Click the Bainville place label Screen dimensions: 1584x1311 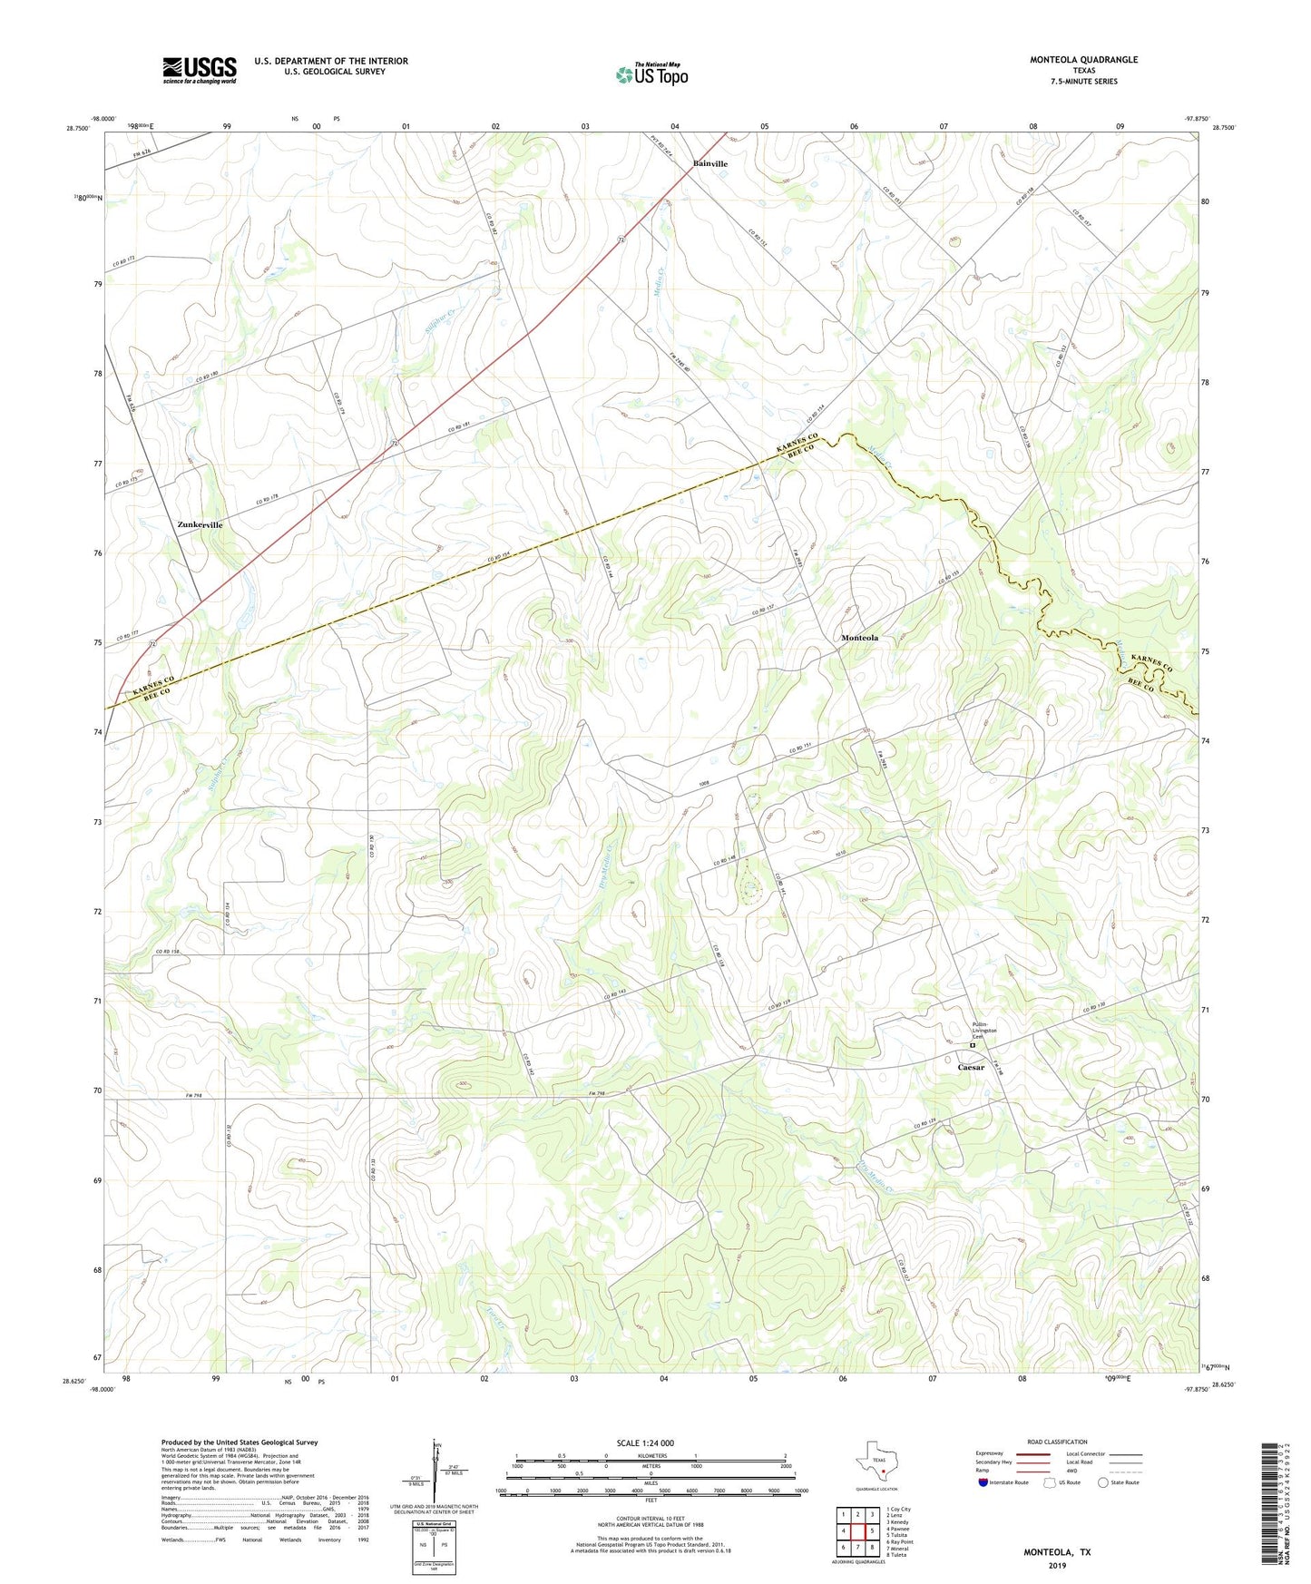coord(710,163)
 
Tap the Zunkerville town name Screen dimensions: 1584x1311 coord(200,524)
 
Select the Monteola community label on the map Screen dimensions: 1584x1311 coord(859,638)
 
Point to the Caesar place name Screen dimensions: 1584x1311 coord(971,1067)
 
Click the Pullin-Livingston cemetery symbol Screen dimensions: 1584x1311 coord(972,1045)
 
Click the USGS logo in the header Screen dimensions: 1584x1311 coord(200,69)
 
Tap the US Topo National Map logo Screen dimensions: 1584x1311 coord(651,74)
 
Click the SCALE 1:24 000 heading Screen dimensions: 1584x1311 coord(645,1442)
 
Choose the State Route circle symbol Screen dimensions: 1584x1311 coord(1103,1482)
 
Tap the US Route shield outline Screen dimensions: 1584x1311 coord(1051,1482)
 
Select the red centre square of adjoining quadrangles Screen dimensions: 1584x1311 coord(857,1530)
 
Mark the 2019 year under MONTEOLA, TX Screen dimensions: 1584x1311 coord(1057,1565)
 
